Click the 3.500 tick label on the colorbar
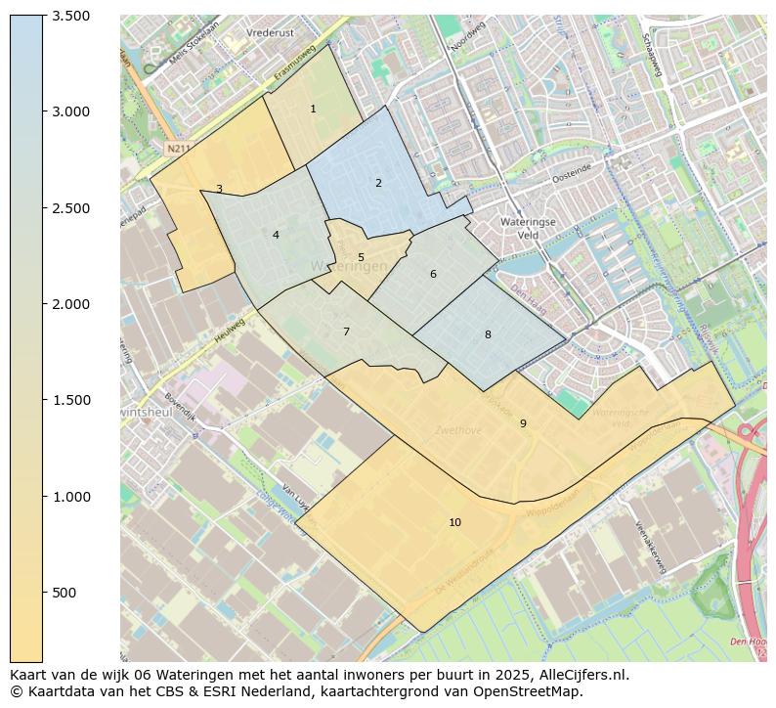[71, 16]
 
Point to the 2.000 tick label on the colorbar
[71, 304]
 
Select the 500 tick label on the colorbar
[65, 593]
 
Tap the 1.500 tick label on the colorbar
[71, 400]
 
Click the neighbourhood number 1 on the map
[313, 109]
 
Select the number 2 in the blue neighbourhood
[378, 183]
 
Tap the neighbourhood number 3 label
[219, 189]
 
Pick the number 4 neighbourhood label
[276, 235]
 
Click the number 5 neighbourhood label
[361, 258]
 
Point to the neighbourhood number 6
[433, 274]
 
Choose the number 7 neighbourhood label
[346, 332]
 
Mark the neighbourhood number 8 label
[488, 334]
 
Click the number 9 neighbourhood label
[523, 423]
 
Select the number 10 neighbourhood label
[454, 522]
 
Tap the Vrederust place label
[271, 32]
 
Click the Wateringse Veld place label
[528, 228]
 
